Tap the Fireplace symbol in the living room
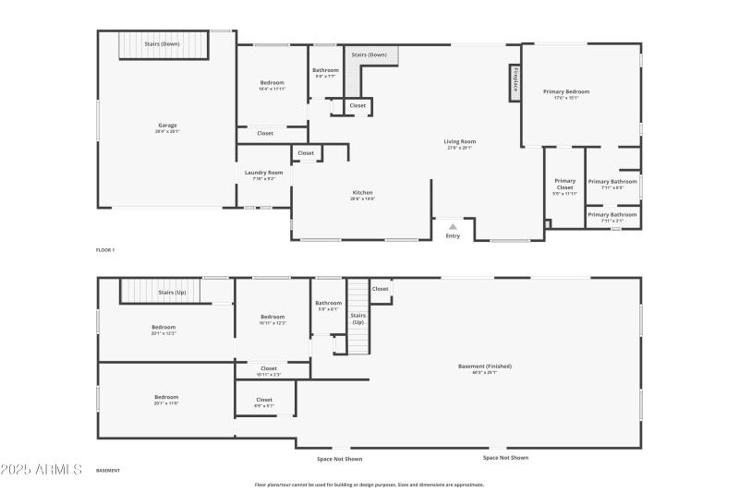[515, 82]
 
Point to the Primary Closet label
[564, 184]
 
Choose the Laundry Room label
[263, 174]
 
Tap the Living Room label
[459, 144]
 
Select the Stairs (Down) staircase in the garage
[162, 44]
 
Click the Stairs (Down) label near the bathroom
[369, 54]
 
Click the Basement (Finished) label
[484, 368]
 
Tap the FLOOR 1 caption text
[105, 250]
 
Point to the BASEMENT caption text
[108, 471]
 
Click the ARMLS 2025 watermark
[42, 470]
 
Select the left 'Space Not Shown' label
[340, 458]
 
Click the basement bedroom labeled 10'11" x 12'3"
[273, 319]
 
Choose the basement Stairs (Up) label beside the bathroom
[357, 318]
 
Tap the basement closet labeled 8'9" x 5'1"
[264, 402]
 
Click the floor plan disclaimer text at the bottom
[369, 485]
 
